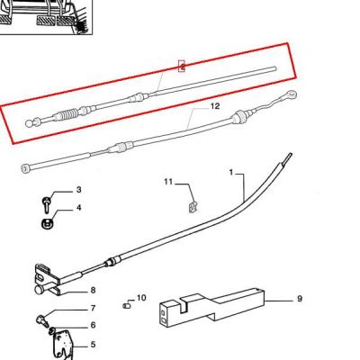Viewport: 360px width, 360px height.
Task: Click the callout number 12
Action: pos(215,106)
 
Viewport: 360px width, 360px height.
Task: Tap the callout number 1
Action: pos(231,173)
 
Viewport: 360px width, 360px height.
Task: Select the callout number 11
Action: pos(168,182)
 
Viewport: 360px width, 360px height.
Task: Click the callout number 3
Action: pos(78,190)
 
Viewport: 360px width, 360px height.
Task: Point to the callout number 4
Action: pos(78,208)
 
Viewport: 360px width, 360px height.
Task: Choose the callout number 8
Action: pos(93,290)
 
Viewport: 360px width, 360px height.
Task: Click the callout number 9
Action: pos(300,299)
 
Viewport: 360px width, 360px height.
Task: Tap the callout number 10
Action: pos(141,298)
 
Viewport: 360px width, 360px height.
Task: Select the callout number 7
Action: pos(93,308)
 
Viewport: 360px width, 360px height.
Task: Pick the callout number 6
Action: pos(93,325)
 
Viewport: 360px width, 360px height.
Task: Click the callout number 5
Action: pos(93,345)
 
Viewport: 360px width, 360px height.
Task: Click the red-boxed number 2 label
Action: pos(182,66)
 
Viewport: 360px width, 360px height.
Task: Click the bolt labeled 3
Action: pos(47,205)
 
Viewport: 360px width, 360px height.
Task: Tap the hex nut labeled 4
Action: pos(47,224)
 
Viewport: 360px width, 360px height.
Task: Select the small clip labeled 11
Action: pos(193,207)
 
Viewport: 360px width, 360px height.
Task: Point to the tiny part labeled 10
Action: pos(126,306)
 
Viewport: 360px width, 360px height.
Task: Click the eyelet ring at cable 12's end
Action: pos(292,94)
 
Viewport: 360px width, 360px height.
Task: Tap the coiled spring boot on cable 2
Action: pos(66,115)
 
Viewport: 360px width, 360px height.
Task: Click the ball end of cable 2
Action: pos(30,123)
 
